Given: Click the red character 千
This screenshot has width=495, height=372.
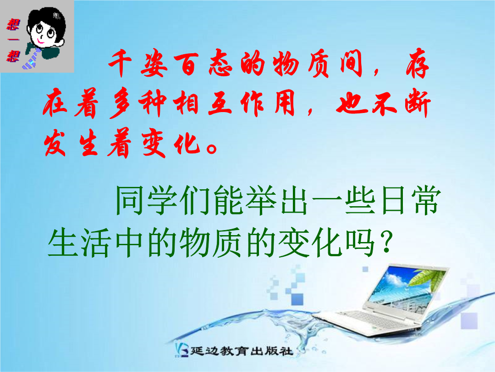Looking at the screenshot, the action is coord(120,63).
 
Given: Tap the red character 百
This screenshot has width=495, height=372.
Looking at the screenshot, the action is coord(186,64).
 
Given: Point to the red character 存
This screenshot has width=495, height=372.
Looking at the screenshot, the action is coord(418,63).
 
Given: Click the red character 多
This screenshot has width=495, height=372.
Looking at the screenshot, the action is coord(120,104).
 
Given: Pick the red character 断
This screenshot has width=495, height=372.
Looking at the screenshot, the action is coord(418,103).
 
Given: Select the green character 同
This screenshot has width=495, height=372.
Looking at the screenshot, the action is coord(130,201).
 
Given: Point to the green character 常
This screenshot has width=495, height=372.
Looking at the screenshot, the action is coord(426,201).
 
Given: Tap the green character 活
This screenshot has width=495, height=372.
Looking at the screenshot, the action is coord(96,243).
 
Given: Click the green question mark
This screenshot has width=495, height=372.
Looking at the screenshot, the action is coord(386,242).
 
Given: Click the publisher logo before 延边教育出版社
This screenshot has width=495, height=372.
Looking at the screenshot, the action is coord(182,350).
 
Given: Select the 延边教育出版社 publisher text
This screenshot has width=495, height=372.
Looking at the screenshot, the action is coord(242,351).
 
